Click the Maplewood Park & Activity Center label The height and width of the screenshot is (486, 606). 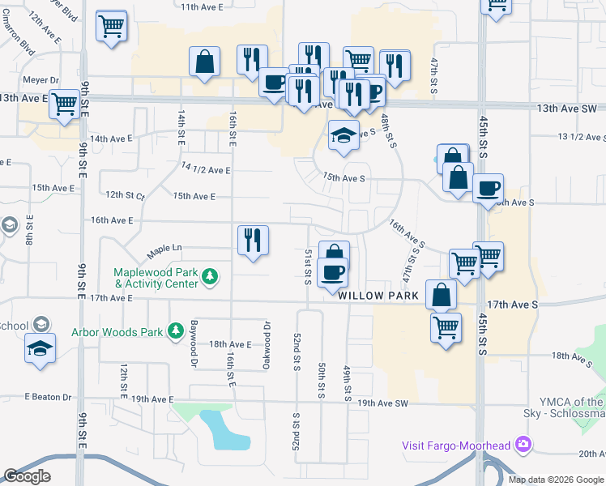click(156, 278)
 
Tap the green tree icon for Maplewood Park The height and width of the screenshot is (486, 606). click(210, 278)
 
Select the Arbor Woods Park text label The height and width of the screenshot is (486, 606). click(117, 331)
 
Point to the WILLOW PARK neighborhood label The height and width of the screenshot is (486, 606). click(378, 296)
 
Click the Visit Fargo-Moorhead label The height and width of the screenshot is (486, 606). click(458, 445)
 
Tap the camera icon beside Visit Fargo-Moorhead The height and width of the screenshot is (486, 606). click(523, 444)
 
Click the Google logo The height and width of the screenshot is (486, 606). click(27, 476)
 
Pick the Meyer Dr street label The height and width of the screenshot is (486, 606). click(43, 80)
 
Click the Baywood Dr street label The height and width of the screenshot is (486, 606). click(193, 342)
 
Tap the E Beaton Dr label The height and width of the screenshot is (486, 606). click(48, 398)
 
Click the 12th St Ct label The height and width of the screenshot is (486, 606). click(125, 195)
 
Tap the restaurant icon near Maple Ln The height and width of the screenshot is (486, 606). click(254, 240)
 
